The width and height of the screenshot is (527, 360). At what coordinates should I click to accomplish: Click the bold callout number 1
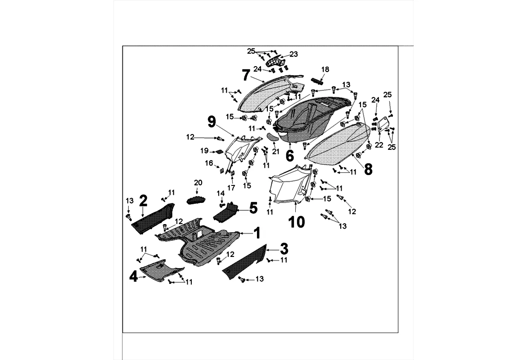click(257, 233)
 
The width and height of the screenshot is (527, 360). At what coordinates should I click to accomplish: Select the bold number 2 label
click(143, 200)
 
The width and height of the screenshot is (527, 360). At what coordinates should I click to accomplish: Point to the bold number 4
click(134, 276)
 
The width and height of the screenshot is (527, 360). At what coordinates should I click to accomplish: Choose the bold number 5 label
click(253, 207)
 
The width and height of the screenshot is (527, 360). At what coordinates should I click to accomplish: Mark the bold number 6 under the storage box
click(289, 156)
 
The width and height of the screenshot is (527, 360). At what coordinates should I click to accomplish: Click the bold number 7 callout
click(246, 75)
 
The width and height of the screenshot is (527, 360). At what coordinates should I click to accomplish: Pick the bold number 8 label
click(368, 169)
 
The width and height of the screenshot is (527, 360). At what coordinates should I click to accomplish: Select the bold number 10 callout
click(297, 221)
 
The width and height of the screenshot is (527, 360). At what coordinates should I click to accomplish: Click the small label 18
click(325, 69)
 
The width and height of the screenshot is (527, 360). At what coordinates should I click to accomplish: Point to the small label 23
click(293, 54)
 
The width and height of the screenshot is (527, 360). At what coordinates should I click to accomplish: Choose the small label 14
click(221, 193)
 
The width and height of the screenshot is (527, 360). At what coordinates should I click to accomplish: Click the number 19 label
click(204, 151)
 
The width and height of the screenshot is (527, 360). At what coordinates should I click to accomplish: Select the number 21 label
click(209, 163)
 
